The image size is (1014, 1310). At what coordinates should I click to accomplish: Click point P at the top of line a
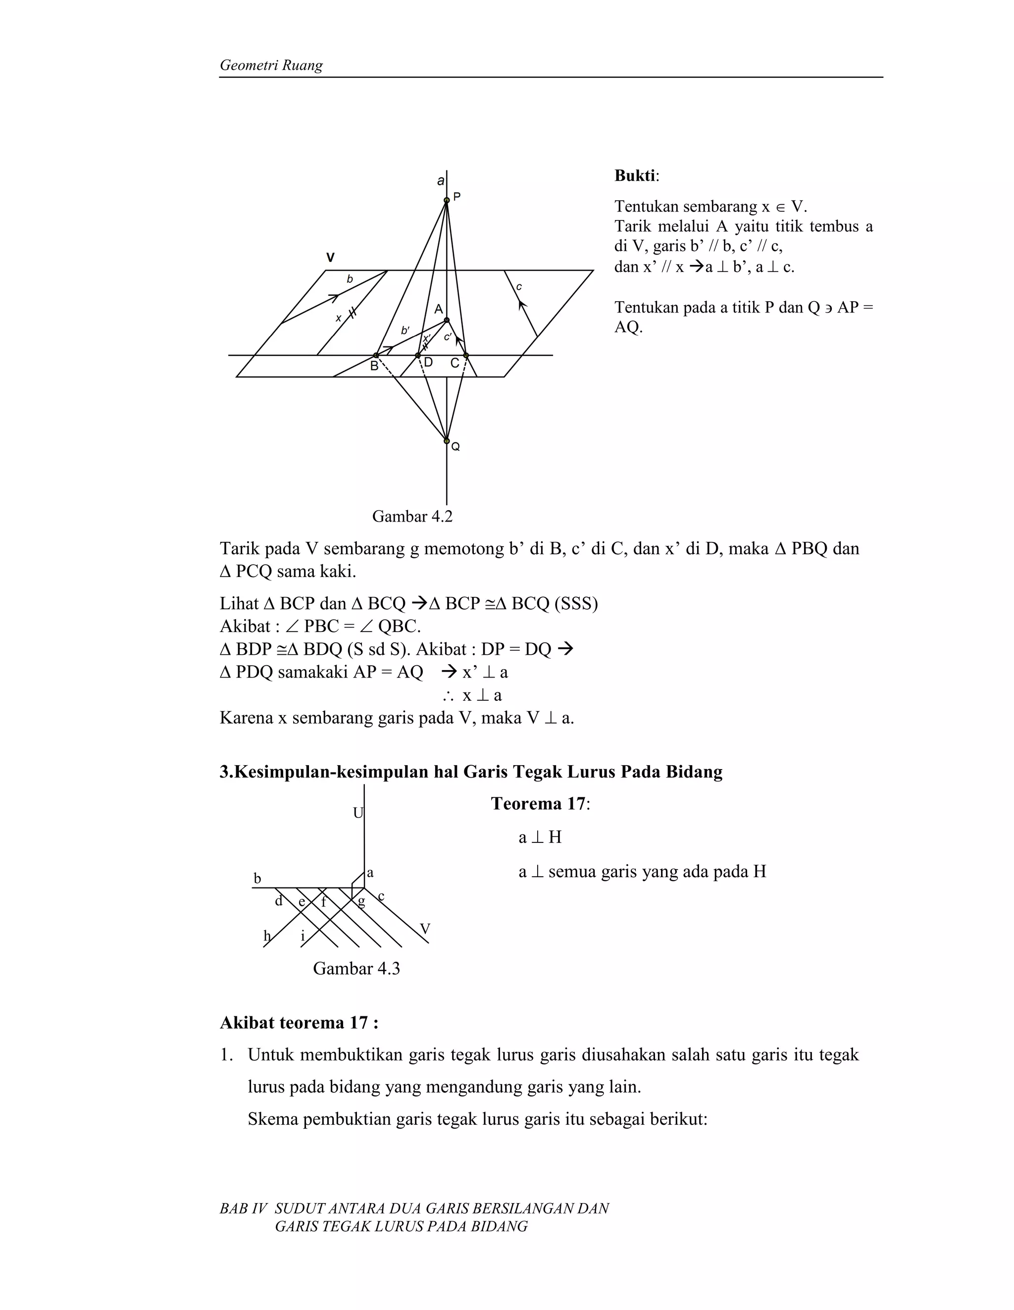click(446, 201)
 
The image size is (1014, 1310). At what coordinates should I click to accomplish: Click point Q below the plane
click(446, 441)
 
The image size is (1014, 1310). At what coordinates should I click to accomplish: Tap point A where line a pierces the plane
click(446, 320)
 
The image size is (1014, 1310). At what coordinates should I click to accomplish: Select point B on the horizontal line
click(376, 356)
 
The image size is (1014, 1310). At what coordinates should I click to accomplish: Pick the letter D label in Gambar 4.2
click(428, 363)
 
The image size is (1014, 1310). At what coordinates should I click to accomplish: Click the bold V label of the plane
click(330, 258)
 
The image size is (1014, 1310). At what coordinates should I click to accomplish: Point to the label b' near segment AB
click(406, 330)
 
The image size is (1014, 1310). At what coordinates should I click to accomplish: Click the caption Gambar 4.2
click(412, 517)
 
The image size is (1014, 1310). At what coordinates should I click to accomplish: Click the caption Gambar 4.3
click(356, 969)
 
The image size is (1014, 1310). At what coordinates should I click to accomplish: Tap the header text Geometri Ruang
click(271, 65)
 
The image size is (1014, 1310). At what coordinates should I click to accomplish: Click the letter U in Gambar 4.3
click(358, 813)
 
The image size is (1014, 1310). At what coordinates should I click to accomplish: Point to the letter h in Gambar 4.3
click(267, 936)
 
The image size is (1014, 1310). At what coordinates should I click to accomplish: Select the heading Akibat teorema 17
click(299, 1023)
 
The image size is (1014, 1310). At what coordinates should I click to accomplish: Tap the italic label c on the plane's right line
click(519, 287)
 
